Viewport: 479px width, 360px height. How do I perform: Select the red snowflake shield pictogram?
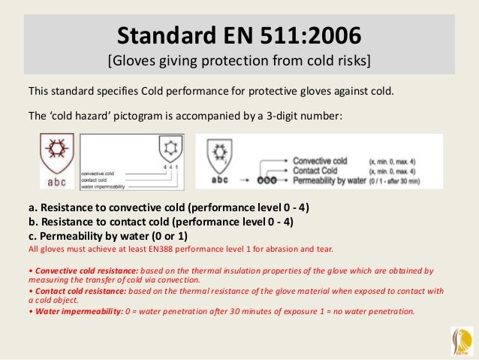tap(57, 150)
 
